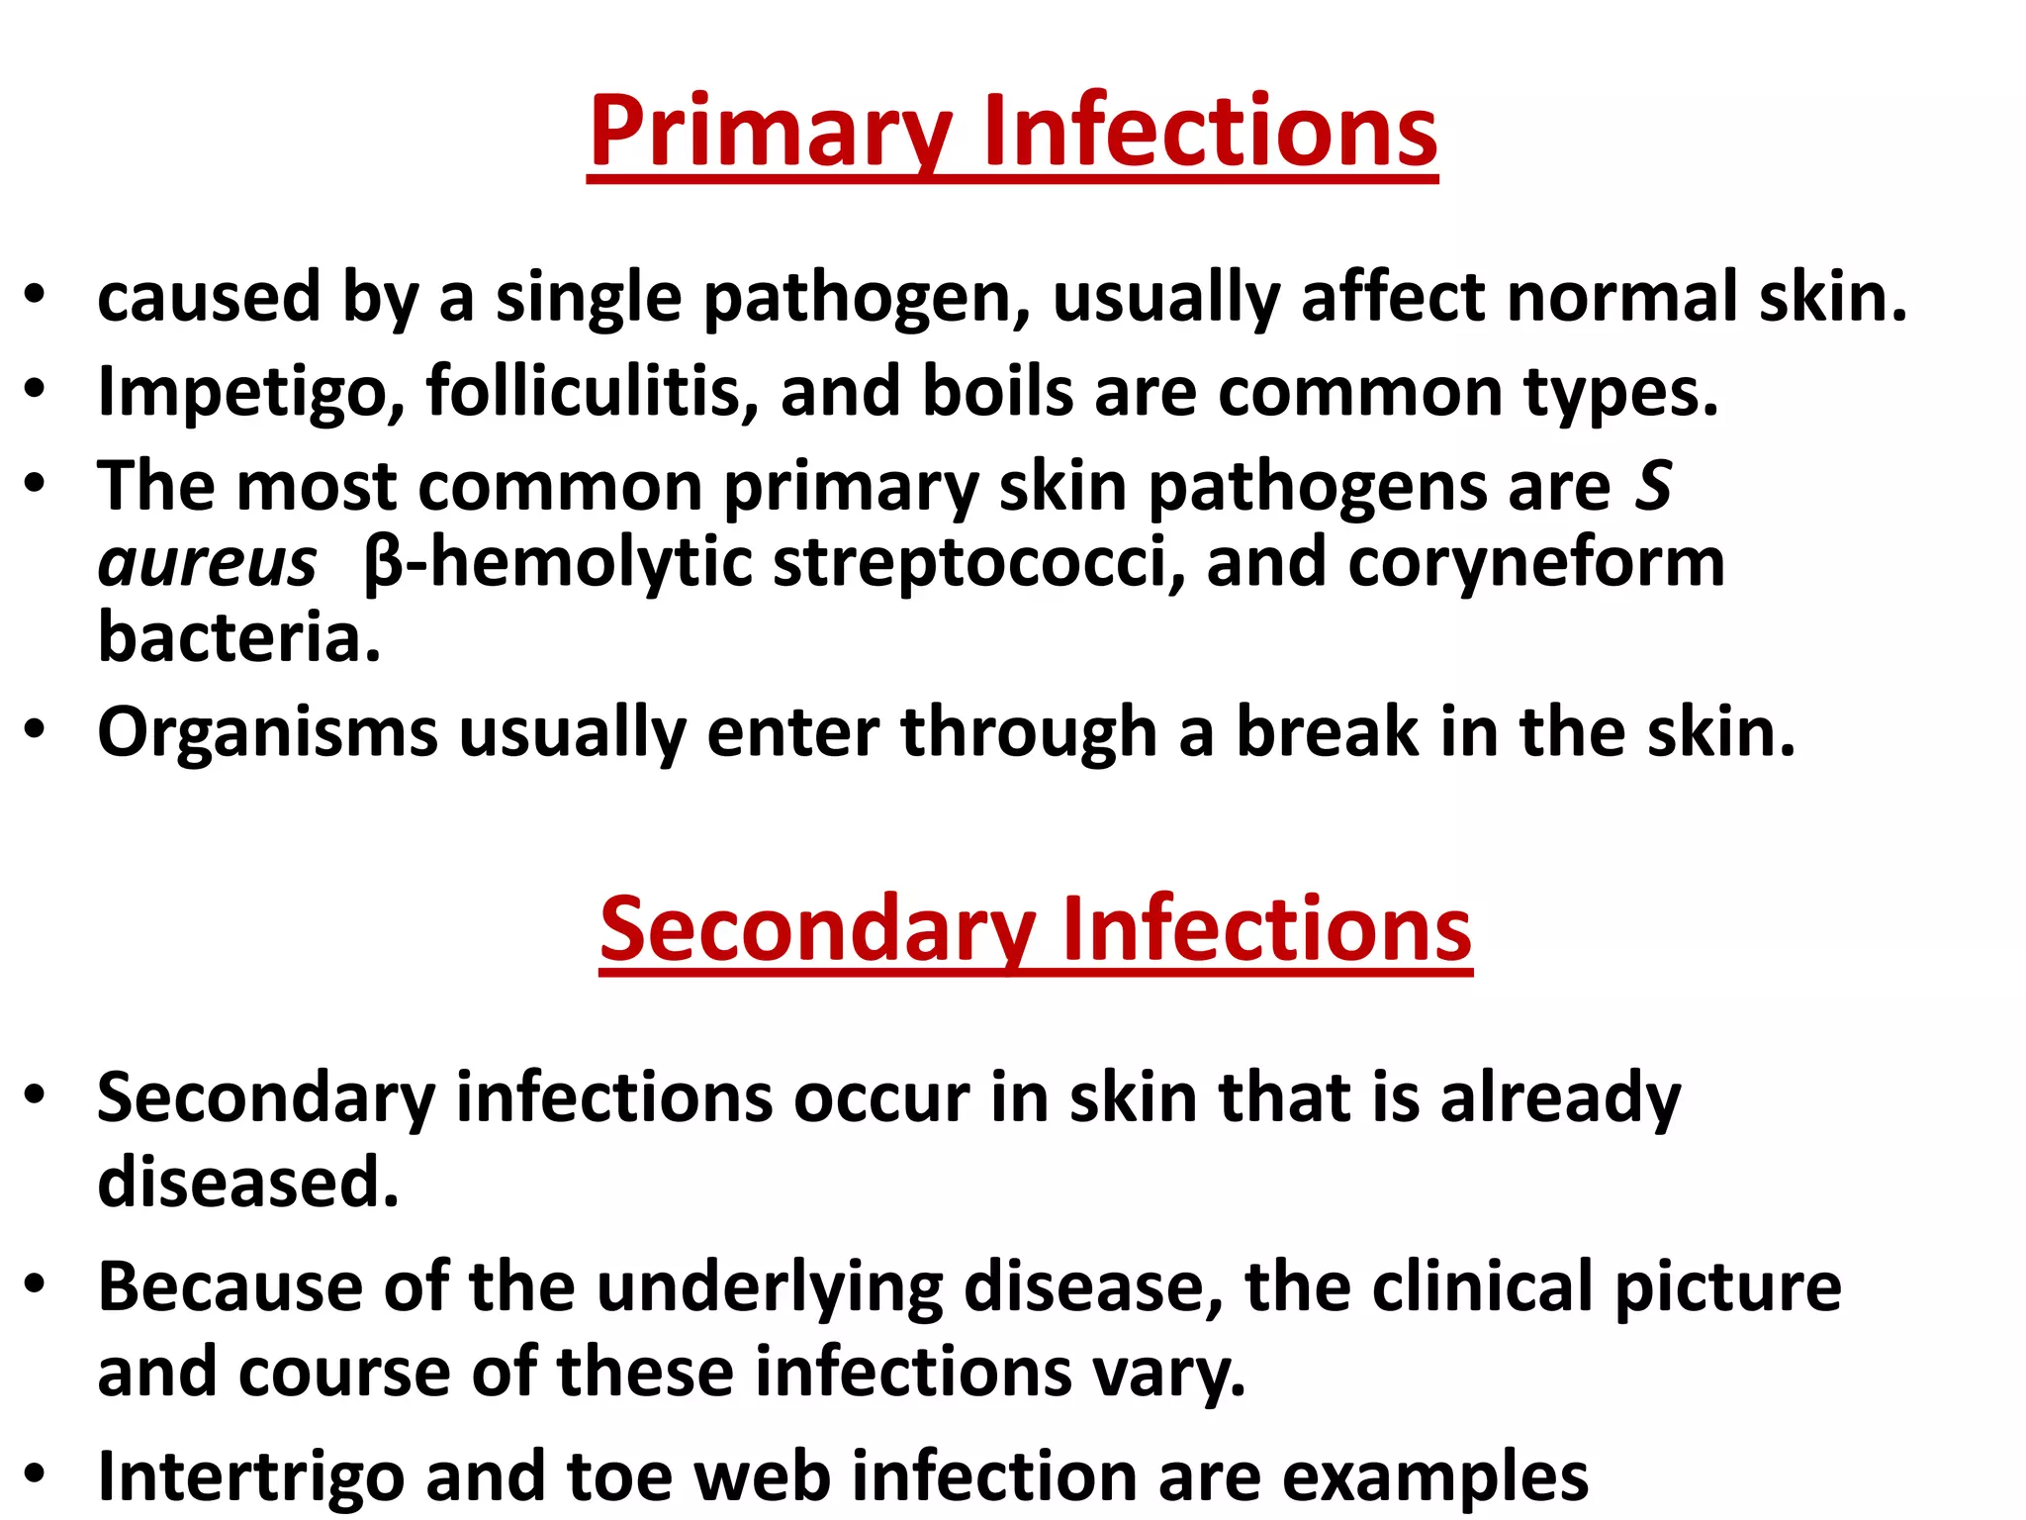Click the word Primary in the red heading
click(771, 133)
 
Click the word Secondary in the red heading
click(816, 930)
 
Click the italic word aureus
click(208, 562)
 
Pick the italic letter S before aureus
click(1652, 487)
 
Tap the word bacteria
click(238, 637)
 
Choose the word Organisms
click(267, 733)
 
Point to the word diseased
click(248, 1183)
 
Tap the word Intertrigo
click(251, 1476)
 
